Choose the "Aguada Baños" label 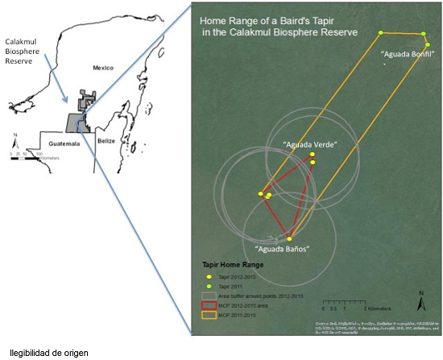click(x=282, y=249)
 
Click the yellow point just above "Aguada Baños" click(x=289, y=238)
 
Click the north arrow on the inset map click(x=14, y=138)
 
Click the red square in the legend click(x=208, y=304)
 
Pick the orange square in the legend click(x=208, y=315)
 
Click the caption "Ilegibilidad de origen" click(x=50, y=352)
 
